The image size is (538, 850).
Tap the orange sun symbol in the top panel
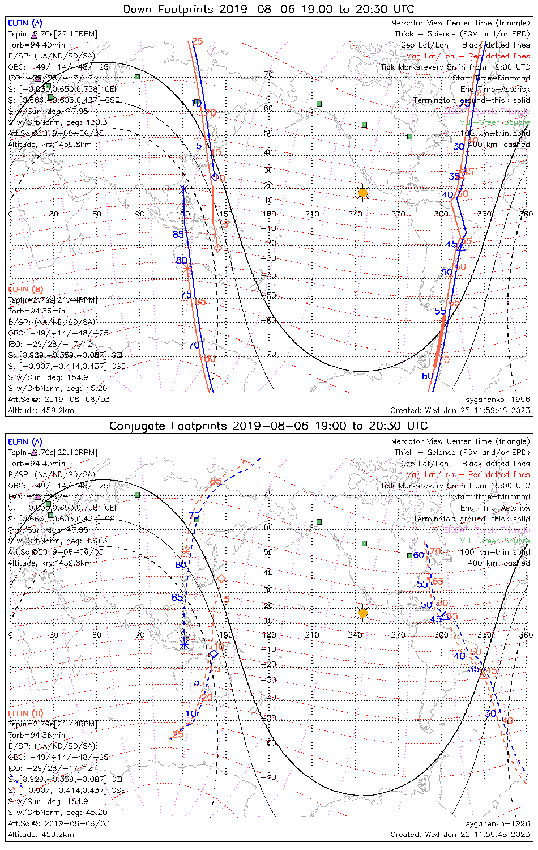pos(363,193)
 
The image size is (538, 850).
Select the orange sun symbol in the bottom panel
pos(363,613)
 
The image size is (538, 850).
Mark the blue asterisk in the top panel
pos(183,189)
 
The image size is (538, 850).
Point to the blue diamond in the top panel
pos(215,177)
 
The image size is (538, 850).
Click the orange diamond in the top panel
pos(218,248)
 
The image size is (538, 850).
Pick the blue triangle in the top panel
pos(461,247)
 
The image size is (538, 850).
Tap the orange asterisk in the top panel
pos(188,268)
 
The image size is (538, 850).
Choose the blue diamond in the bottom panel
pos(214,654)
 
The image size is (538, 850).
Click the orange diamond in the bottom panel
pos(221,579)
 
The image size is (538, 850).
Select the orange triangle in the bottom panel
pos(483,675)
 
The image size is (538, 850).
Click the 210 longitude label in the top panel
pos(312,214)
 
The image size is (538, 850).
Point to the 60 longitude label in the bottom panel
pos(97,635)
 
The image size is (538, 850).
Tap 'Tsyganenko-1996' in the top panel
pos(496,399)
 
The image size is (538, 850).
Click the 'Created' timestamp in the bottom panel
pos(460,834)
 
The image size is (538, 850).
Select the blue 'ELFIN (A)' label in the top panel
pos(25,23)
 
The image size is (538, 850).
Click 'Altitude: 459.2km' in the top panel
pos(41,410)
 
